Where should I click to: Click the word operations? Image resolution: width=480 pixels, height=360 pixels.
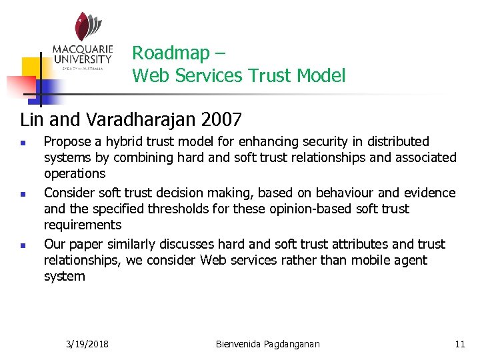(75, 174)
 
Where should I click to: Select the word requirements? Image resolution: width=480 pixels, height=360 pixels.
(83, 225)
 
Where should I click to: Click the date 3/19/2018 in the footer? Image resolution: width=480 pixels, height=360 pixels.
(88, 344)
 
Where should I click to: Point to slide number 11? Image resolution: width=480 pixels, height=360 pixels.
(459, 344)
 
